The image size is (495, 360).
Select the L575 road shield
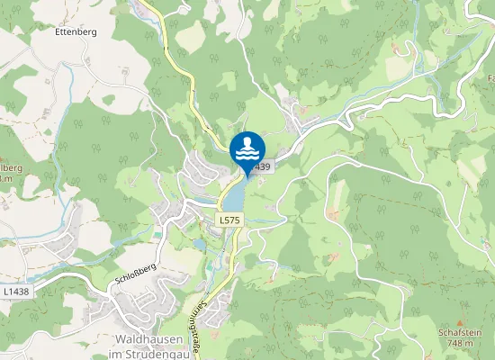[229, 220]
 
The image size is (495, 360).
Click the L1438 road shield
[15, 292]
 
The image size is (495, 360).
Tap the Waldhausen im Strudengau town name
[150, 346]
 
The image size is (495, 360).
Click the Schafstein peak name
[460, 332]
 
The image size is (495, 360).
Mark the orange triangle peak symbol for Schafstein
[460, 322]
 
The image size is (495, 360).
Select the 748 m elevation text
[460, 342]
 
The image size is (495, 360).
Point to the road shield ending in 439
[262, 167]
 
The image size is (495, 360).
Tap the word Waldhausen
[150, 339]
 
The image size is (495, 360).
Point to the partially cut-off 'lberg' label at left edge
[8, 168]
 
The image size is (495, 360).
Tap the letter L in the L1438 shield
[6, 292]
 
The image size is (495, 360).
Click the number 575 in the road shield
[232, 220]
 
